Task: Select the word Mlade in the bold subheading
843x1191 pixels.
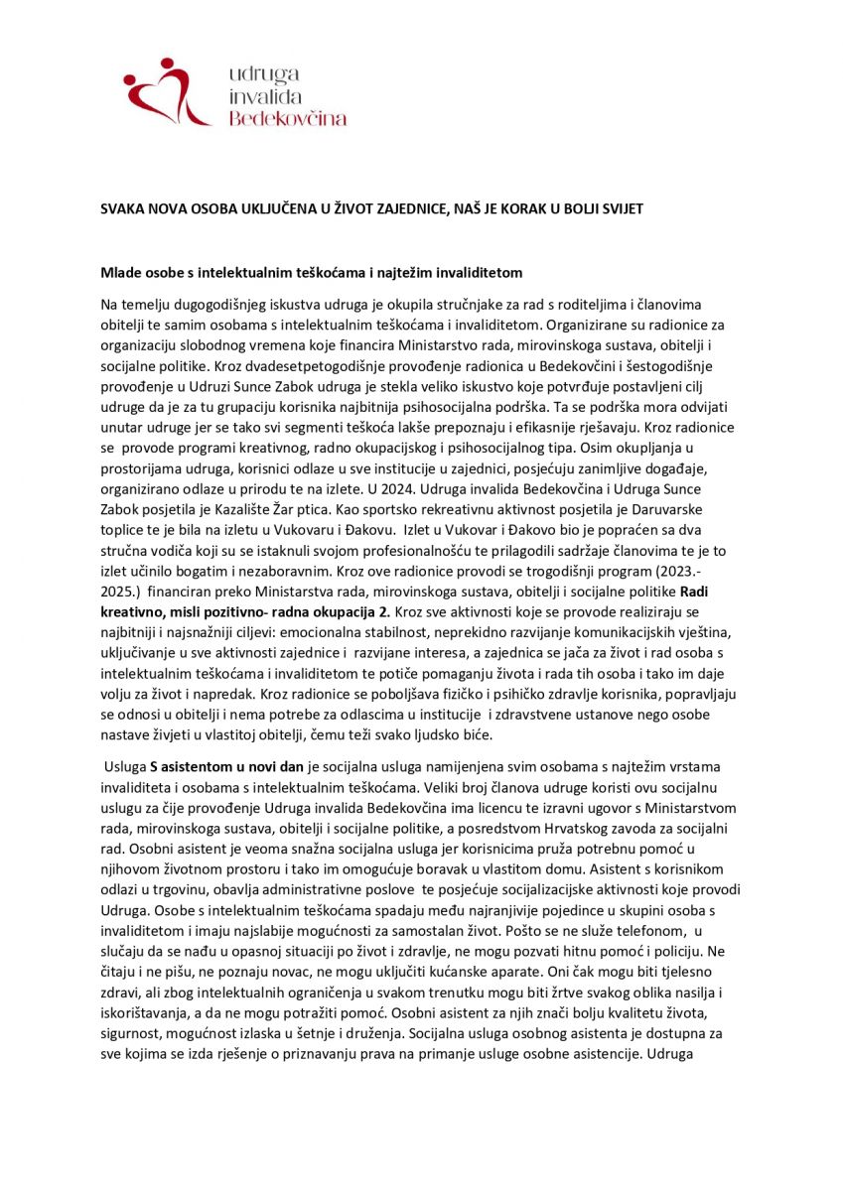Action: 122,272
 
